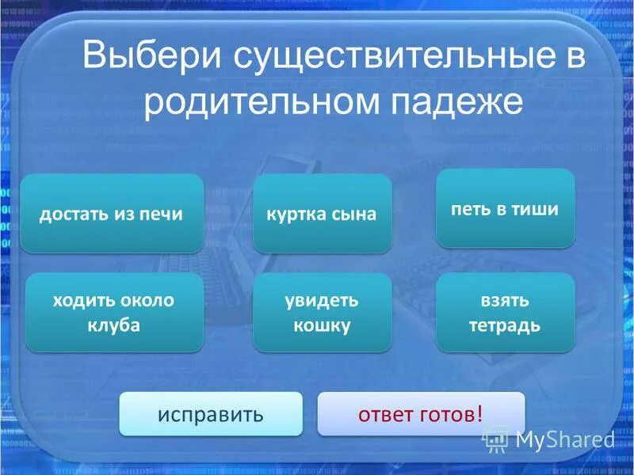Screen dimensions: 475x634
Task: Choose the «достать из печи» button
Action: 112,214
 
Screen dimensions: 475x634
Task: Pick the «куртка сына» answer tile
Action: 322,214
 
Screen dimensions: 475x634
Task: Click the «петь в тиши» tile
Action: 505,209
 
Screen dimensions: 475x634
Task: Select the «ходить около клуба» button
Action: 114,313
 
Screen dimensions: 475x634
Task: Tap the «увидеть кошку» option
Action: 322,313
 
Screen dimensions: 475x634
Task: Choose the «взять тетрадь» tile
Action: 505,313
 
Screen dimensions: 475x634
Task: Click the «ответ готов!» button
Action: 420,414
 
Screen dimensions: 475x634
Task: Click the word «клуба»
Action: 114,325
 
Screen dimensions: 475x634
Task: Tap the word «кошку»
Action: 322,325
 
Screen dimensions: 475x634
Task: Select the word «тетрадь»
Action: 505,325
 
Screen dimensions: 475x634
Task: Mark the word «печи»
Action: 165,214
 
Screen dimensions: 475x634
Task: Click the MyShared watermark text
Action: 564,439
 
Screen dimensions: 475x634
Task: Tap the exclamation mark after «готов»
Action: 479,413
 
